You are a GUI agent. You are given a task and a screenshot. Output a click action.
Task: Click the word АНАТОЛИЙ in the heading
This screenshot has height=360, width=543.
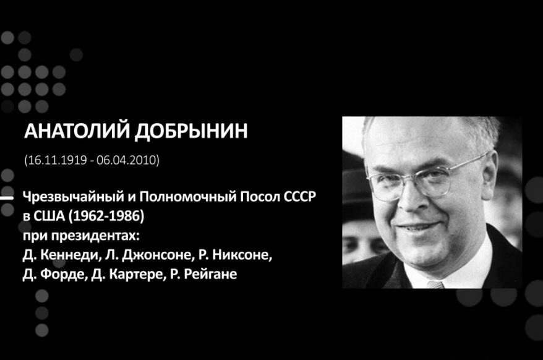coord(77,131)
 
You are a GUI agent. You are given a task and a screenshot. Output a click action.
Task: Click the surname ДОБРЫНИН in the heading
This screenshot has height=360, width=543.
coord(191,131)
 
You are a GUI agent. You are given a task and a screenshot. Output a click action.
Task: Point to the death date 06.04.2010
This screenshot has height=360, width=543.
coord(126,160)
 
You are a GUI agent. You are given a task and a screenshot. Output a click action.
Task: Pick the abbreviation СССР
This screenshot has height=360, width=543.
coord(300,197)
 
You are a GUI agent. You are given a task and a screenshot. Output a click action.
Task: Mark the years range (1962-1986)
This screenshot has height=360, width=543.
coord(106,216)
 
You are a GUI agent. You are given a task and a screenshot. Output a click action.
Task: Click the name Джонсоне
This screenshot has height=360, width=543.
coord(157,255)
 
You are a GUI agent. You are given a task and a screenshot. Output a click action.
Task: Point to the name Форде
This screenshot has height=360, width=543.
coord(62,275)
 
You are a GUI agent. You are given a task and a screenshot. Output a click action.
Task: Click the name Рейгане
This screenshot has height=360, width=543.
coord(210,275)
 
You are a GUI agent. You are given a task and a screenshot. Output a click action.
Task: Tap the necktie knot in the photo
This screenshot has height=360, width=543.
coord(435,285)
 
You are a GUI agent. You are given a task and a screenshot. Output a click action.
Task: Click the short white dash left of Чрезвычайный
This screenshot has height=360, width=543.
coord(7,198)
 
